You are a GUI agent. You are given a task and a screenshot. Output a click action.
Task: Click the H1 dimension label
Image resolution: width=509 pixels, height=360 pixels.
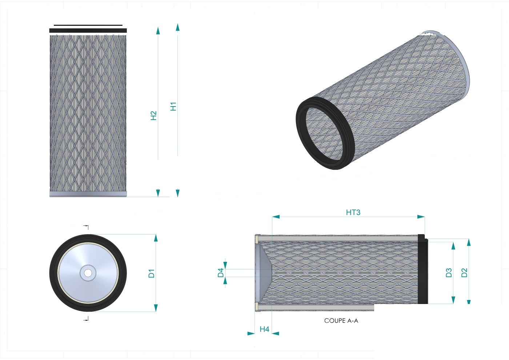pos(173,107)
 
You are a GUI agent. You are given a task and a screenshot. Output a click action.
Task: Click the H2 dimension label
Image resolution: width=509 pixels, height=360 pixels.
pos(154,116)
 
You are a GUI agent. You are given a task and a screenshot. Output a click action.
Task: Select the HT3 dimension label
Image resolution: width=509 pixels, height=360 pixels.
pos(353,212)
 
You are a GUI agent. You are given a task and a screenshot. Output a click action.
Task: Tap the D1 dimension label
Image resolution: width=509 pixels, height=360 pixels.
pos(152,273)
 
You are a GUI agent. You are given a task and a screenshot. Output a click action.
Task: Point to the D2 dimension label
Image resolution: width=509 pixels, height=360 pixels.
pos(465,273)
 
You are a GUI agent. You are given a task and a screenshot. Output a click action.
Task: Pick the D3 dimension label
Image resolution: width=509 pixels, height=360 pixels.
pos(449,273)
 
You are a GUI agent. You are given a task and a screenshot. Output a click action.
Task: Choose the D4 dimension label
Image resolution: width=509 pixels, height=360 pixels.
pos(221,273)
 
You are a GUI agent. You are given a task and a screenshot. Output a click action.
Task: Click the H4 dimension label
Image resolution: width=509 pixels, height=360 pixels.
pos(265,329)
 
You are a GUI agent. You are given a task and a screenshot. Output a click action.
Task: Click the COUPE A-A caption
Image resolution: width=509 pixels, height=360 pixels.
pos(341,321)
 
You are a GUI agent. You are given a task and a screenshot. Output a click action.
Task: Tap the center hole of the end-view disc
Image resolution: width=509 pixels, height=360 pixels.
pos(88,273)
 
